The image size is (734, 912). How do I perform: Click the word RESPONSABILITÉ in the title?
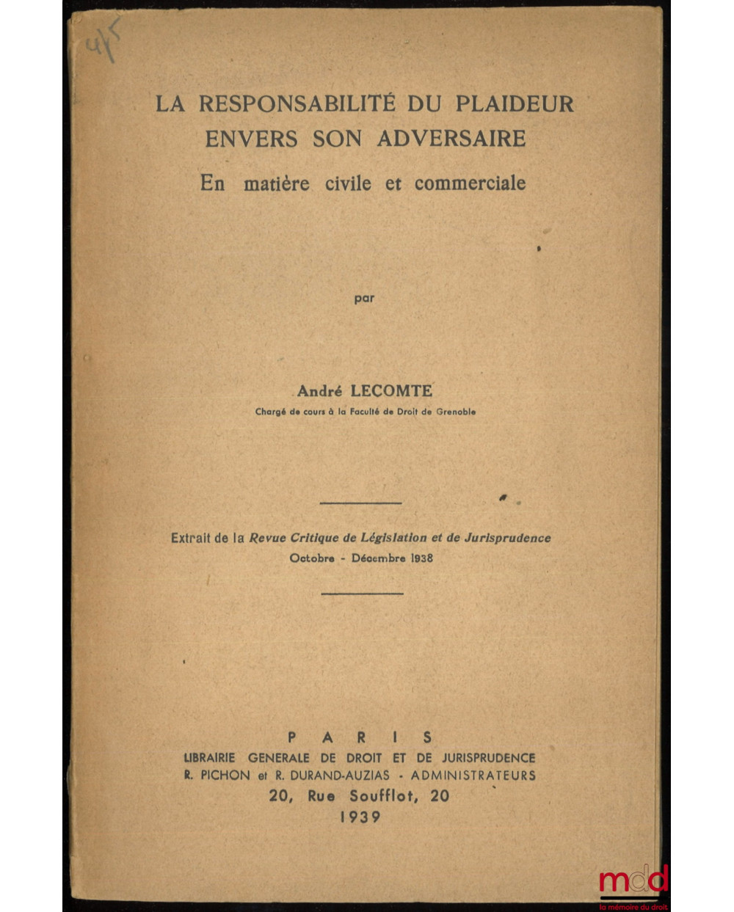[297, 103]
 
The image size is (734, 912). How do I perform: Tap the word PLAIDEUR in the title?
[515, 103]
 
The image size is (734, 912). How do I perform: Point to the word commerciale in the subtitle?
[470, 183]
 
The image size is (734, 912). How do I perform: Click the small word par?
[364, 298]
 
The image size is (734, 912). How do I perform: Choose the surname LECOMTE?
[396, 392]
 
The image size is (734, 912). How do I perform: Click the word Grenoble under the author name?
[456, 412]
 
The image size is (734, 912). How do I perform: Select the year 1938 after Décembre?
[422, 558]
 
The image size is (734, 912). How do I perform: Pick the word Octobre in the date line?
[312, 558]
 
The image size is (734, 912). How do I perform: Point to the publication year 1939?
[360, 817]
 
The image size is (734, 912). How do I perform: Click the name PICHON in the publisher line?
[224, 776]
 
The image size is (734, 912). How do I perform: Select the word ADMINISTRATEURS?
[473, 776]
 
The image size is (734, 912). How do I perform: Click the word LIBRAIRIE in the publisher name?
[209, 758]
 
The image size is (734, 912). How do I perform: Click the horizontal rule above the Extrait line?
[361, 503]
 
